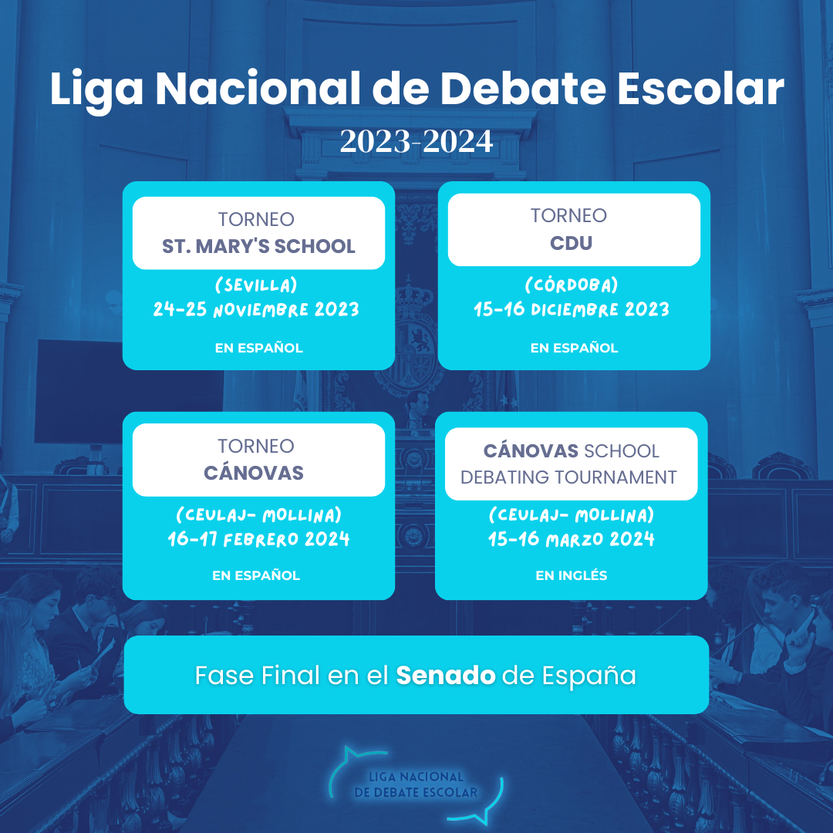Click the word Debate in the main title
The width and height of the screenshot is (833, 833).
[x=523, y=88]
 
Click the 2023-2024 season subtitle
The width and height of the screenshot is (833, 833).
[x=416, y=141]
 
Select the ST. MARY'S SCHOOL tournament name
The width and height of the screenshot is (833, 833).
[x=258, y=247]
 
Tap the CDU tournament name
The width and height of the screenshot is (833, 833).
[x=571, y=243]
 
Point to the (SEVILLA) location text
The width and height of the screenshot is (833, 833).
[x=256, y=285]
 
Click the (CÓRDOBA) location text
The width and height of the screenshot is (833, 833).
[x=572, y=285]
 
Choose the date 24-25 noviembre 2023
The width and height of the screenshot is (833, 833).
[x=256, y=309]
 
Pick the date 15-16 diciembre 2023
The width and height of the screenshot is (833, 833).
[x=572, y=309]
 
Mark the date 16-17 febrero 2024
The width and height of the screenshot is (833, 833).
[x=258, y=539]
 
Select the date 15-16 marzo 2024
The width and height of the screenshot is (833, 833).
[x=571, y=539]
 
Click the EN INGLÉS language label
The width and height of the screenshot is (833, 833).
[x=571, y=575]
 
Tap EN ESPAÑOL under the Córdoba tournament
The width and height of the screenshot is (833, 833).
[x=575, y=348]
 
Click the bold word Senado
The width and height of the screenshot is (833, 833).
[x=446, y=676]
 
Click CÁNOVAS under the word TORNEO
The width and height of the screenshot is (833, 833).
[x=254, y=473]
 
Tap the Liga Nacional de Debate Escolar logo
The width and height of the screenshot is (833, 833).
[x=416, y=784]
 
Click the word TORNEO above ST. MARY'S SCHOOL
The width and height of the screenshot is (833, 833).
[x=256, y=219]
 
